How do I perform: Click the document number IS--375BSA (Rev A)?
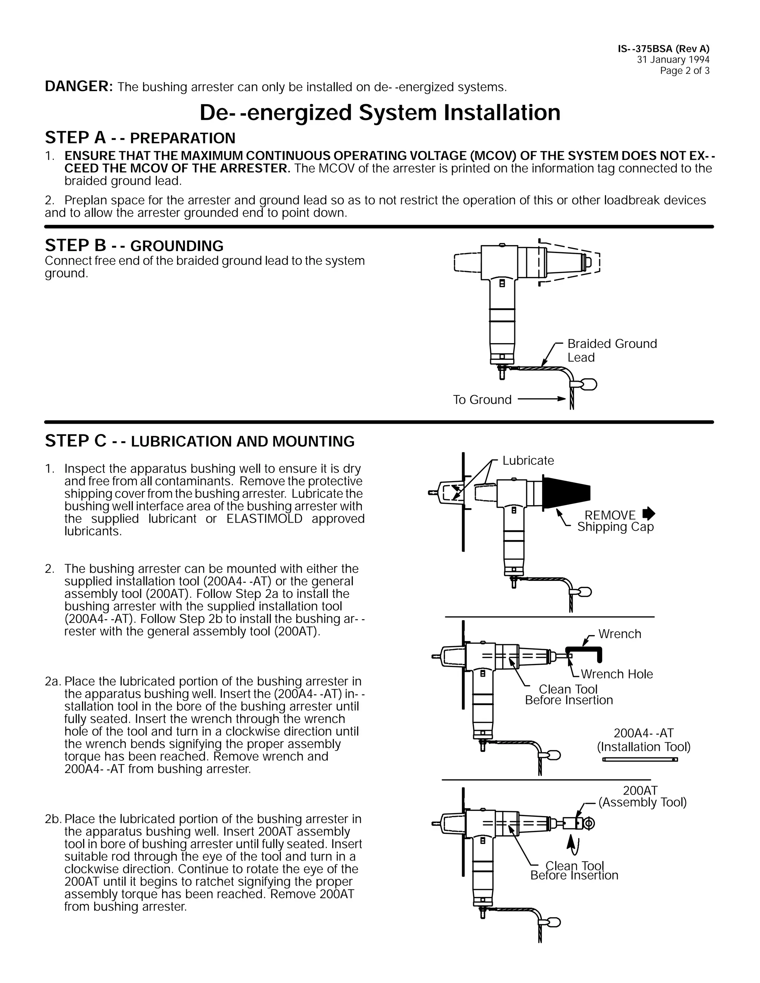pyautogui.click(x=663, y=49)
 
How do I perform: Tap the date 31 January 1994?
pyautogui.click(x=673, y=60)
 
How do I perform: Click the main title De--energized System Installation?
pyautogui.click(x=380, y=112)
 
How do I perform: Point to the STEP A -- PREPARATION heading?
pyautogui.click(x=140, y=138)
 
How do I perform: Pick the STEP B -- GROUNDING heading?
pyautogui.click(x=134, y=246)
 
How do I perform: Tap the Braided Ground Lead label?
pyautogui.click(x=612, y=350)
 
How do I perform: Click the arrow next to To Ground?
pyautogui.click(x=542, y=399)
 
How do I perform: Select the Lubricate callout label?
pyautogui.click(x=528, y=460)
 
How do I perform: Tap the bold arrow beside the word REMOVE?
pyautogui.click(x=649, y=513)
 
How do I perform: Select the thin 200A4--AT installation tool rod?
pyautogui.click(x=639, y=760)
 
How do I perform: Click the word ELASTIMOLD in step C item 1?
pyautogui.click(x=264, y=519)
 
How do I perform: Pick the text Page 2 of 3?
pyautogui.click(x=684, y=70)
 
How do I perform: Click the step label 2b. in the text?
pyautogui.click(x=53, y=819)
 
